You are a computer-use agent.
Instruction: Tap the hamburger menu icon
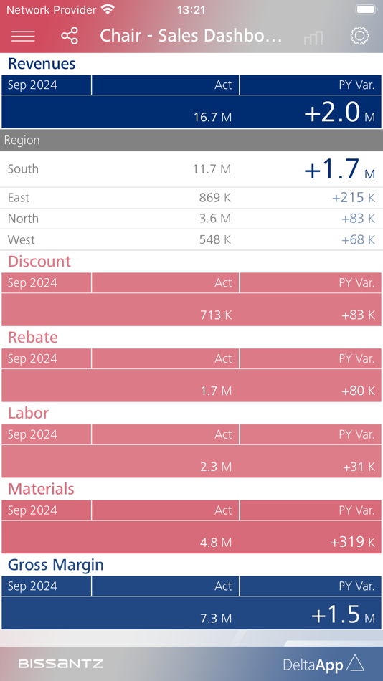23,36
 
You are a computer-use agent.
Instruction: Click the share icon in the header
70,36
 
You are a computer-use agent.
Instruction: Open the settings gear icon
359,36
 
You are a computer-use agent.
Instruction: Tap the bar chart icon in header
313,37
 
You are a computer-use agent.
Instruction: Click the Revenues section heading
42,64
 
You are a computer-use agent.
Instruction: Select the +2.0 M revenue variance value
339,113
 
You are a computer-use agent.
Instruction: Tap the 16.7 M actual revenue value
212,117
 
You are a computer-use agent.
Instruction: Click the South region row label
23,169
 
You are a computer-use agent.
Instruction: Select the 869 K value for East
215,198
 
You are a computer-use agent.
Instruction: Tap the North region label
23,219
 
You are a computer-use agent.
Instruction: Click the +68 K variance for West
358,239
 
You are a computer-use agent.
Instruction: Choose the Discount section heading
39,262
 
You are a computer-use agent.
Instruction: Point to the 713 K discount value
215,315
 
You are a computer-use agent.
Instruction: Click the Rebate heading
33,338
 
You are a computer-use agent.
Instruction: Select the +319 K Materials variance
352,542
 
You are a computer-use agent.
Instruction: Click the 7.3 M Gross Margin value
215,619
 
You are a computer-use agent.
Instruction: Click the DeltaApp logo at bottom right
323,665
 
